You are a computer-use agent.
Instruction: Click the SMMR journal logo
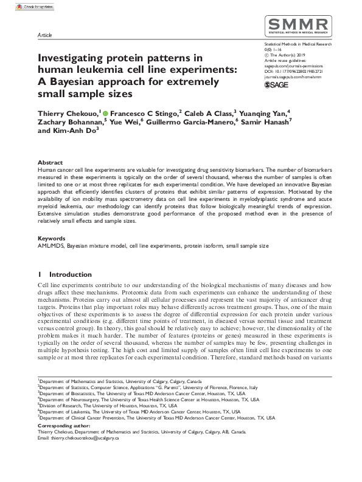click(298, 27)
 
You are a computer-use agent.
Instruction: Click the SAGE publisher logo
click(277, 85)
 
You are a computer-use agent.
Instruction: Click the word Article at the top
click(45, 36)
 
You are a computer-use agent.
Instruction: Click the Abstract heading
click(50, 163)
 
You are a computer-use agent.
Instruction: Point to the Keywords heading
click(52, 239)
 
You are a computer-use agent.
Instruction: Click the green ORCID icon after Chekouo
click(105, 114)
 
